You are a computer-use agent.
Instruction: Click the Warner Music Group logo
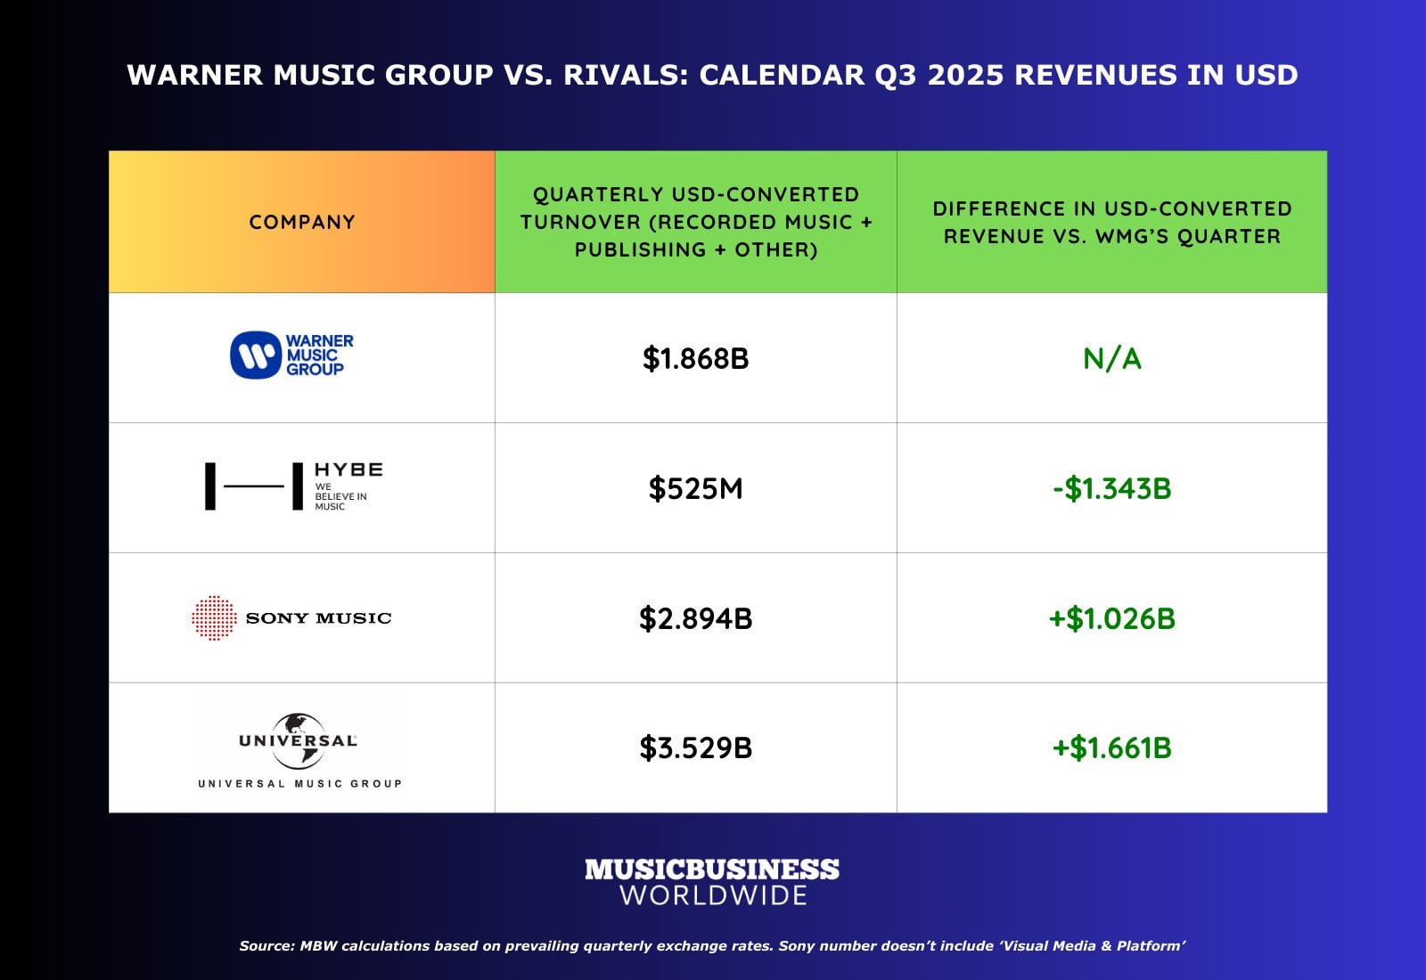[x=292, y=355]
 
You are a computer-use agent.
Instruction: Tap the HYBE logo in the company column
[x=294, y=486]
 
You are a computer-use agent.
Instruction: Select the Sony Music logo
[x=292, y=617]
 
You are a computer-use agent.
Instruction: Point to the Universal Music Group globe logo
[x=299, y=741]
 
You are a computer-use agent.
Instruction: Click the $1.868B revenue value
[x=695, y=358]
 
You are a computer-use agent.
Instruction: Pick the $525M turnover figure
[x=695, y=488]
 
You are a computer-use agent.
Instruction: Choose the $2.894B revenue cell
[x=695, y=618]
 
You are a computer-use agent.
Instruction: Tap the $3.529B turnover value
[x=695, y=747]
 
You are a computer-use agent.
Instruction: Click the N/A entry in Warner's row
[x=1111, y=358]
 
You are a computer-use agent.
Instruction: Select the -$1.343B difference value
[x=1111, y=488]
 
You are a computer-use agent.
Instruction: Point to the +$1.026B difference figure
[x=1111, y=618]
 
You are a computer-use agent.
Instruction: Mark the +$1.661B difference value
[x=1111, y=747]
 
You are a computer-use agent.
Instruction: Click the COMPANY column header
[x=302, y=222]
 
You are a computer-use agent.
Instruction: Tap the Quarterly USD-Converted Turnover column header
[x=695, y=222]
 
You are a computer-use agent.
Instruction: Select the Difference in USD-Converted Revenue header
[x=1111, y=222]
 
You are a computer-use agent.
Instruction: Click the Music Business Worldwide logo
[x=712, y=881]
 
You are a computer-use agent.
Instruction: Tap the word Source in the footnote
[x=266, y=946]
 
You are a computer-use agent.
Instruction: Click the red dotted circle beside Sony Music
[x=214, y=617]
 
